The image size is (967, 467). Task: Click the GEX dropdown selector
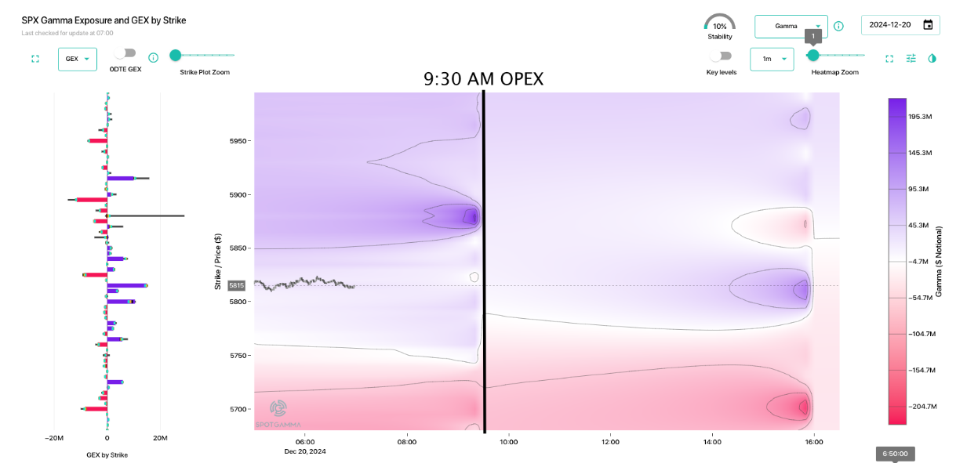[x=77, y=59]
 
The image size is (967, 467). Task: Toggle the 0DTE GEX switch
[x=125, y=53]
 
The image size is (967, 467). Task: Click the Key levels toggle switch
[x=720, y=56]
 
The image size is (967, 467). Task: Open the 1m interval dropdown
[x=771, y=59]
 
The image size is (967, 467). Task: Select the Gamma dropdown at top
[x=791, y=26]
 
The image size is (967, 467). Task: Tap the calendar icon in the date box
[x=928, y=25]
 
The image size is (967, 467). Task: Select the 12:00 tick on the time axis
[x=610, y=442]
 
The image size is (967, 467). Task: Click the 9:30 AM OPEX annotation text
[x=483, y=79]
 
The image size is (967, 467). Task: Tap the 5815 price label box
[x=237, y=286]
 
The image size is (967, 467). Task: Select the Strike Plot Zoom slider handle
[x=176, y=55]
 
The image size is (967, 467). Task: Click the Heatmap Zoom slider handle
[x=813, y=55]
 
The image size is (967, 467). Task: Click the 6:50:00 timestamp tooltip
[x=895, y=454]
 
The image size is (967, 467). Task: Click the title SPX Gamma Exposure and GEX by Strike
[x=104, y=20]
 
